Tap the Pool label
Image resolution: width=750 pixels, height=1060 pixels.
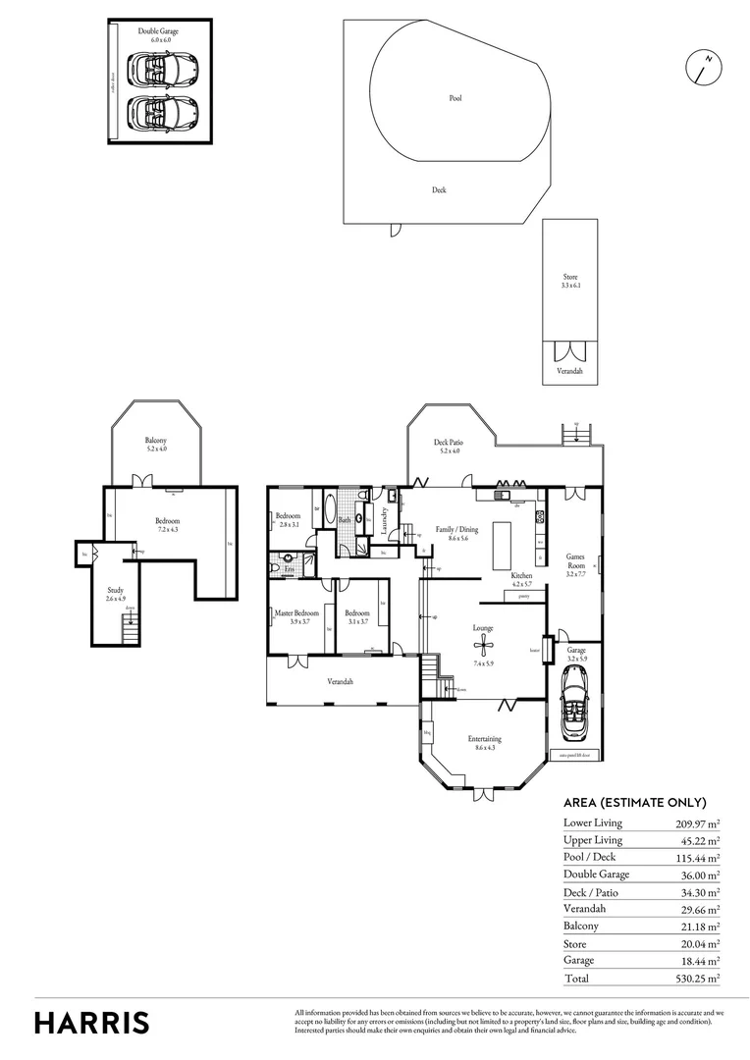(x=455, y=98)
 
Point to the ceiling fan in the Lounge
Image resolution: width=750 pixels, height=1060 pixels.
(x=482, y=644)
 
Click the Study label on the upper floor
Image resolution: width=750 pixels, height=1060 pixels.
(x=116, y=592)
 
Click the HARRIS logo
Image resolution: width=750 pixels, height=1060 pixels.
(x=92, y=1022)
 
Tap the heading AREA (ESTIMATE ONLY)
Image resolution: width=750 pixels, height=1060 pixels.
(x=635, y=802)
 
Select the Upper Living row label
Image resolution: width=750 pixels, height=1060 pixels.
(x=593, y=840)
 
